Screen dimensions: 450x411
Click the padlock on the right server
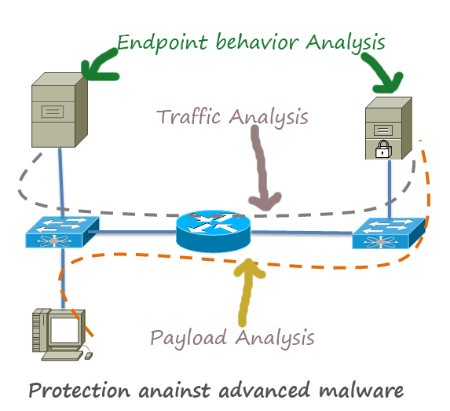click(383, 149)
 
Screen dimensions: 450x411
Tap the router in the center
click(214, 231)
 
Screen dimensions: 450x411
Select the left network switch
click(62, 232)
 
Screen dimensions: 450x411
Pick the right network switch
click(389, 233)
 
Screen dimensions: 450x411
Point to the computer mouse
click(89, 356)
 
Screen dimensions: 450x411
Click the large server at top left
click(60, 110)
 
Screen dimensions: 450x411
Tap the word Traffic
click(189, 116)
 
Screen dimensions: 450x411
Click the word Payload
click(188, 338)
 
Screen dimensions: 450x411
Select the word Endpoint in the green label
click(162, 43)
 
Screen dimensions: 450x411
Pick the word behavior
click(257, 42)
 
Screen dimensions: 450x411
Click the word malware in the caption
click(360, 391)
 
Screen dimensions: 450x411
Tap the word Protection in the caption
click(79, 391)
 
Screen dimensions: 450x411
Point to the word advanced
click(264, 390)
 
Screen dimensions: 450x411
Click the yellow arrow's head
click(249, 268)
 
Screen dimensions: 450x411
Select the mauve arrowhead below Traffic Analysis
click(265, 201)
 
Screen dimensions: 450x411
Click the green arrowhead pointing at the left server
click(96, 69)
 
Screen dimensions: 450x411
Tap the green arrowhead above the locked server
click(388, 83)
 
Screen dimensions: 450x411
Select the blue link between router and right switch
click(302, 232)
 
